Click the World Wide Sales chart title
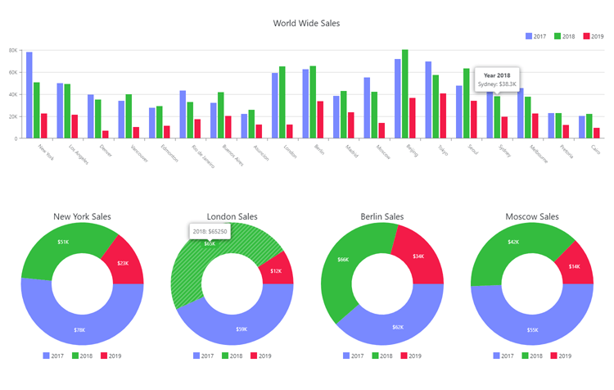click(x=306, y=23)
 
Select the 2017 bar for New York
click(x=29, y=95)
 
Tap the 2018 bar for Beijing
click(x=404, y=94)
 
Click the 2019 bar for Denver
click(x=106, y=134)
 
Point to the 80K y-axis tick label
click(x=13, y=50)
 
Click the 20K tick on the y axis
click(x=13, y=116)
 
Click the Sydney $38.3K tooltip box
click(x=496, y=79)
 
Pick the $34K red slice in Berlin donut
click(x=418, y=255)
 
